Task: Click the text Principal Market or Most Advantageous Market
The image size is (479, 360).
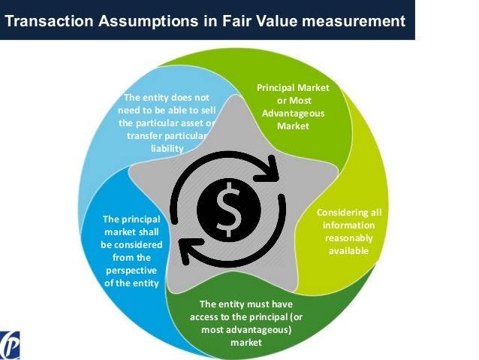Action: tap(293, 107)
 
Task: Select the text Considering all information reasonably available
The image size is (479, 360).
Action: tap(348, 231)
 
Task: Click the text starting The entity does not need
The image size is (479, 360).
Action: tap(167, 123)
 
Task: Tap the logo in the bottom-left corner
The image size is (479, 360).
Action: tap(11, 345)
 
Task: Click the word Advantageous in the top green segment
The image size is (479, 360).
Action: tap(293, 113)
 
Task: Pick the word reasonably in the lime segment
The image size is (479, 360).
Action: tap(348, 238)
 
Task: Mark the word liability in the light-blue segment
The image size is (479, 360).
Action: tap(167, 149)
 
